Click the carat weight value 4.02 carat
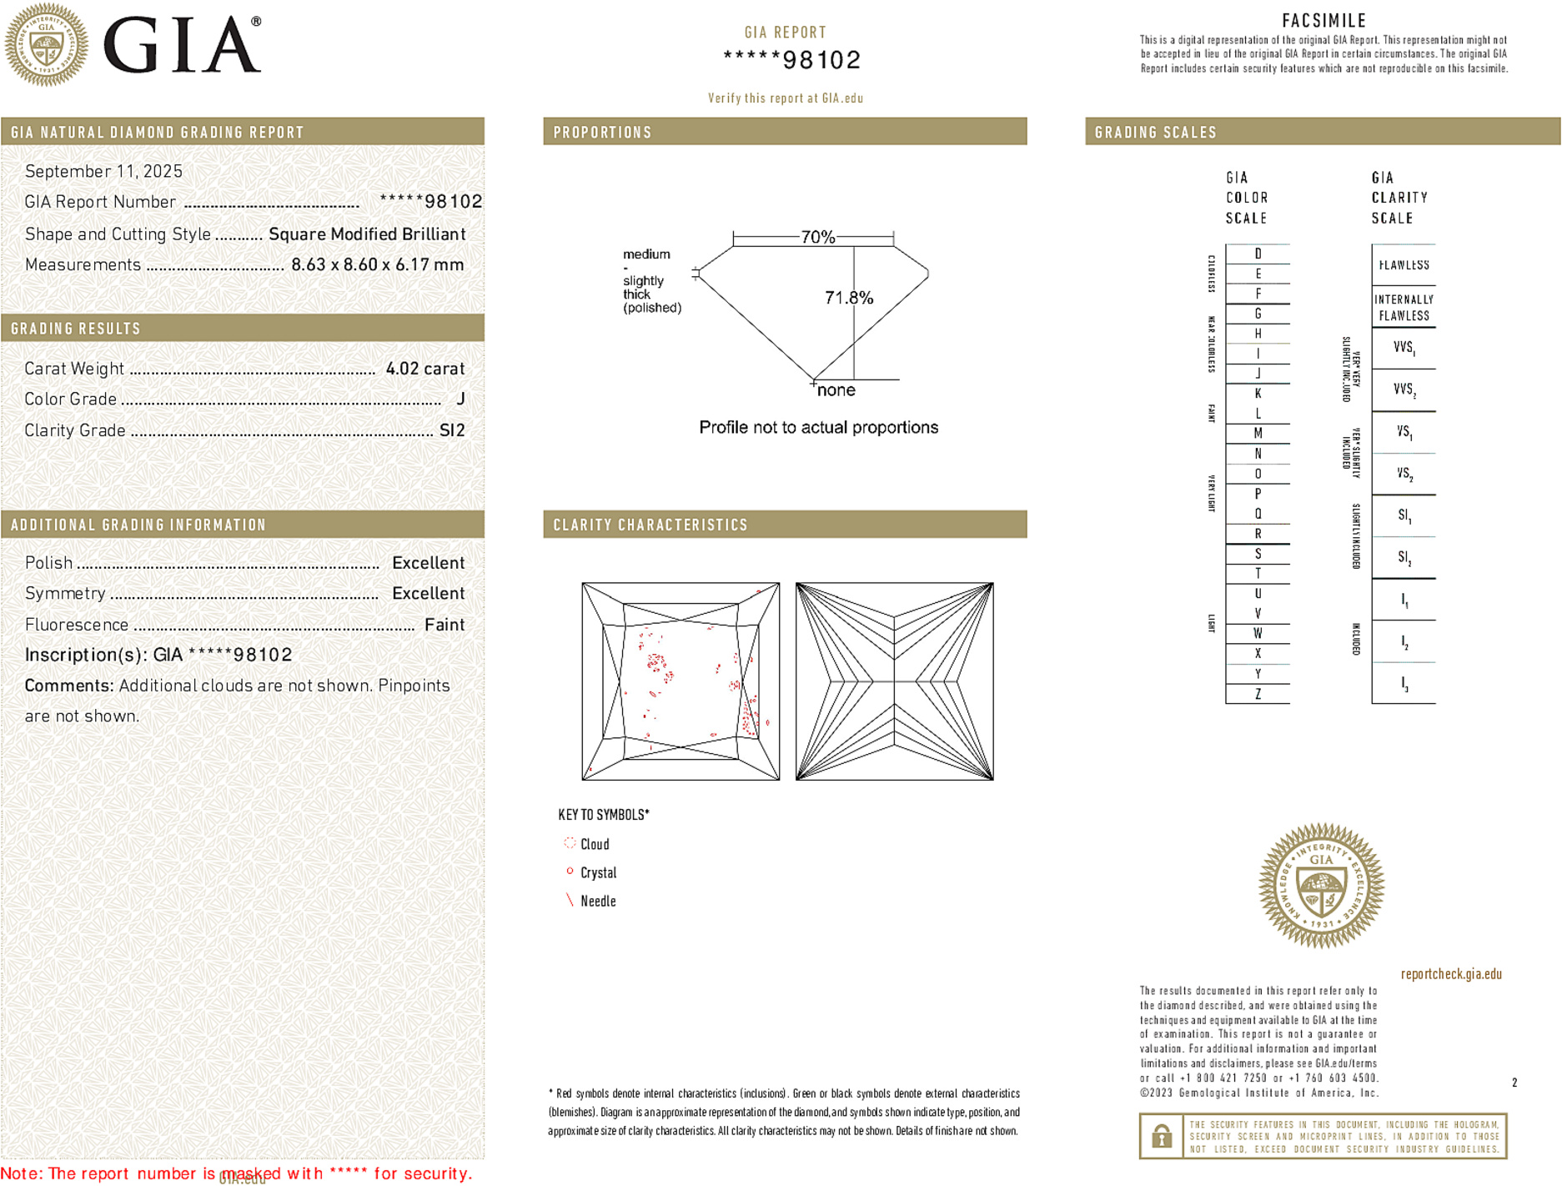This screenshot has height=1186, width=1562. click(424, 369)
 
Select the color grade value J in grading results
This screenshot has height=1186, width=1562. click(460, 400)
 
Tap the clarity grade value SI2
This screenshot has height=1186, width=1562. click(452, 430)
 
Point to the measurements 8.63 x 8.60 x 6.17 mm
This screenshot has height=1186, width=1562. click(377, 265)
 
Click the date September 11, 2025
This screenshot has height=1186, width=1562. click(103, 171)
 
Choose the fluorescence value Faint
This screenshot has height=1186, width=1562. click(444, 625)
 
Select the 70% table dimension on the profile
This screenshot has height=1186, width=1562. click(817, 238)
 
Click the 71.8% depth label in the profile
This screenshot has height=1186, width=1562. click(848, 298)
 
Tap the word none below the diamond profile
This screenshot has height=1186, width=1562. click(836, 390)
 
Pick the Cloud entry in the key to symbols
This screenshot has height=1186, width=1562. click(595, 844)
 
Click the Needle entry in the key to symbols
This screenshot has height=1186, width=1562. click(598, 901)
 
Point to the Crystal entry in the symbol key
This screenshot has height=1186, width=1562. click(598, 872)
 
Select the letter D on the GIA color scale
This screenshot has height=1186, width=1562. click(1258, 254)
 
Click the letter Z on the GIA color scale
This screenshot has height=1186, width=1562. click(1258, 694)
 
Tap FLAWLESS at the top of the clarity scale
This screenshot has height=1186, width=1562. click(1404, 265)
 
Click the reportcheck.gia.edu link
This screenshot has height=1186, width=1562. click(1451, 974)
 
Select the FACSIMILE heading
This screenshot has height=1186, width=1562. click(1323, 21)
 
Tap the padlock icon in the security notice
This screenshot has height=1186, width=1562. click(1161, 1136)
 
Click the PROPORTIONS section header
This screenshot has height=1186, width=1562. click(602, 133)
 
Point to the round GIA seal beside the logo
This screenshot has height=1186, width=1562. click(46, 45)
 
